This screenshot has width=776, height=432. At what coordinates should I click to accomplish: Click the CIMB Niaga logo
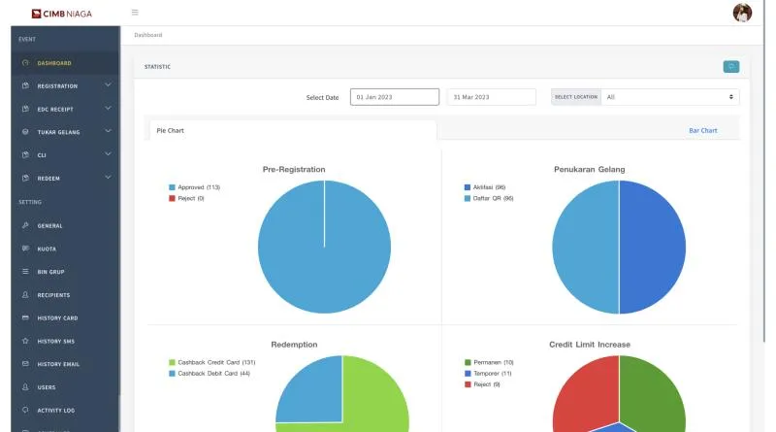point(61,14)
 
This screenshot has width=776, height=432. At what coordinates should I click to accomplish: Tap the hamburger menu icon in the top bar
point(135,13)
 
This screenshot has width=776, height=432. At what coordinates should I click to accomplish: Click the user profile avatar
point(742,13)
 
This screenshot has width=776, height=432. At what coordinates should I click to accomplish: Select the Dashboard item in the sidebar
point(54,63)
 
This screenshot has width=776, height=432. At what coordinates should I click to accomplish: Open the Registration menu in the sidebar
point(57,85)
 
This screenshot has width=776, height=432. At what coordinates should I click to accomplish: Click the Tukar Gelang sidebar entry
point(58,132)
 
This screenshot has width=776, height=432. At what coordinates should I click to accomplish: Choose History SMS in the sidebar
point(56,341)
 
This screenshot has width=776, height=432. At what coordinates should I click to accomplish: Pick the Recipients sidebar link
point(53,295)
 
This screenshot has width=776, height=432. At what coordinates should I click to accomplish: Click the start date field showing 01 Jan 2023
point(395,97)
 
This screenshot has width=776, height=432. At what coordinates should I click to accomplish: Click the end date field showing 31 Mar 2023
point(491,97)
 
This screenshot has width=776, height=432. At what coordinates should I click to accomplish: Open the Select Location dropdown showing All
point(670,97)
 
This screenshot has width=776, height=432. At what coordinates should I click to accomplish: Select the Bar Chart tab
point(702,130)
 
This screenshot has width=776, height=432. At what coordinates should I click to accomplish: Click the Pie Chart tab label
point(171,130)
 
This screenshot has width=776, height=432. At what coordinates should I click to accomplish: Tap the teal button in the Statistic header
point(731,66)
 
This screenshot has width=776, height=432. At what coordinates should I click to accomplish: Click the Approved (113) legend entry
point(195,187)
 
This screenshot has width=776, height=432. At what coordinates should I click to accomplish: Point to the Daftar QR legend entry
point(489,198)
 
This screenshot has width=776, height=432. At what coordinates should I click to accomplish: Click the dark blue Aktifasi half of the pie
point(652,247)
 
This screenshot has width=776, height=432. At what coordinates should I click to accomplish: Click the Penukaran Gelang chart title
point(590,170)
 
